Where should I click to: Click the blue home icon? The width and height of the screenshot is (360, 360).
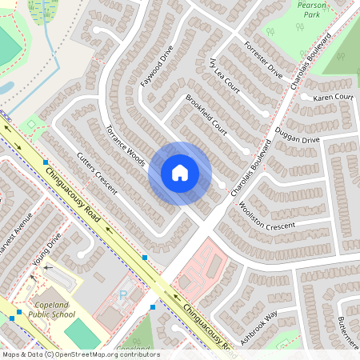(180, 173)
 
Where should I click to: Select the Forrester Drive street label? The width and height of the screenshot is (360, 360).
(263, 60)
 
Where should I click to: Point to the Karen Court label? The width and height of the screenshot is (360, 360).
(333, 98)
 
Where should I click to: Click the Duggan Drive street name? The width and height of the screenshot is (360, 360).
(297, 134)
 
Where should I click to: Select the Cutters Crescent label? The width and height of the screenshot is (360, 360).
(97, 173)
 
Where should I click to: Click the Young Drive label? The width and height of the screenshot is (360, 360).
(48, 249)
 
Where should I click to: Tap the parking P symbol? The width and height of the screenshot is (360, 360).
(123, 295)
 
